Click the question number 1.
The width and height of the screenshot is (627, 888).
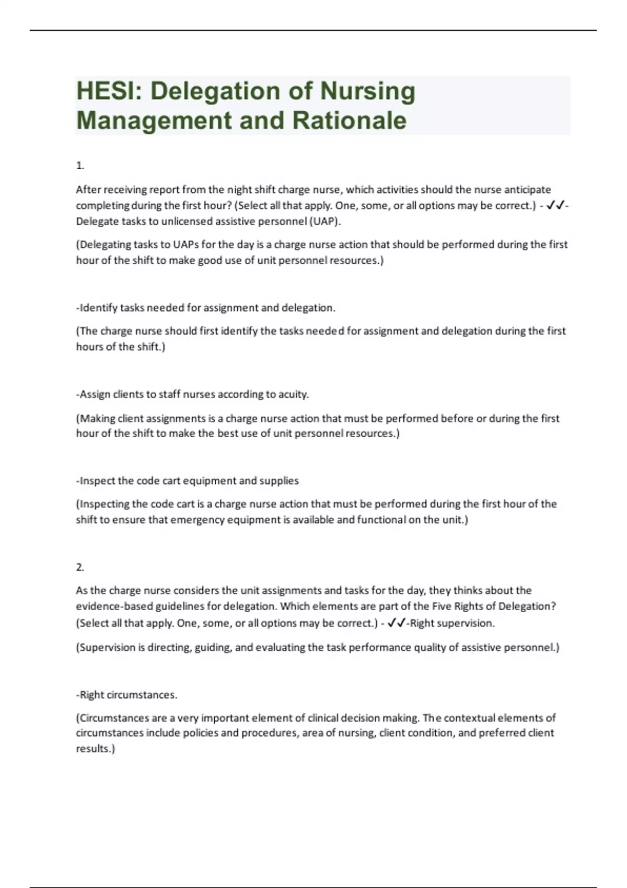pyautogui.click(x=80, y=166)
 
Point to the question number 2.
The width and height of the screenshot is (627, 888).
pyautogui.click(x=80, y=567)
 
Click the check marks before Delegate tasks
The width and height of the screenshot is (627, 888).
pyautogui.click(x=555, y=205)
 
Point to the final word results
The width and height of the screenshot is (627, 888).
pyautogui.click(x=94, y=749)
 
